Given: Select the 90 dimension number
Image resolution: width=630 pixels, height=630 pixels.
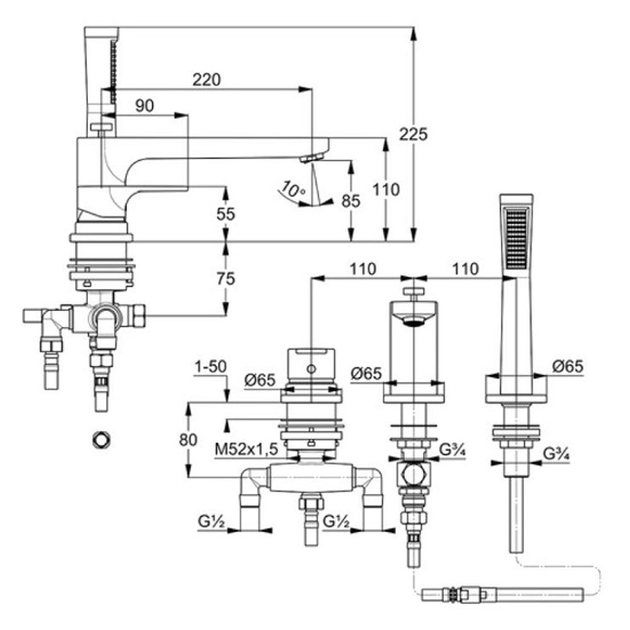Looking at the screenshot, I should (x=144, y=106).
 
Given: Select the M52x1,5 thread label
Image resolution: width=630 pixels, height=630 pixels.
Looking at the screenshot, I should (x=246, y=450).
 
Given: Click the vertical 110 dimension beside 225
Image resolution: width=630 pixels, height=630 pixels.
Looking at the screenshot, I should (x=386, y=189).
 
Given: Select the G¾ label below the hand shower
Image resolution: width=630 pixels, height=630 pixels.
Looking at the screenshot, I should (x=556, y=452).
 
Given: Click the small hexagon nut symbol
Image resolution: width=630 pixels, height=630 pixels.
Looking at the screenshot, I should (x=100, y=439).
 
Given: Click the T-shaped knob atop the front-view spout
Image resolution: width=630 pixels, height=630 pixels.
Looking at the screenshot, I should (x=413, y=293).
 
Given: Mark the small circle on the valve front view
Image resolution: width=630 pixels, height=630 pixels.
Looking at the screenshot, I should (x=311, y=369).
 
